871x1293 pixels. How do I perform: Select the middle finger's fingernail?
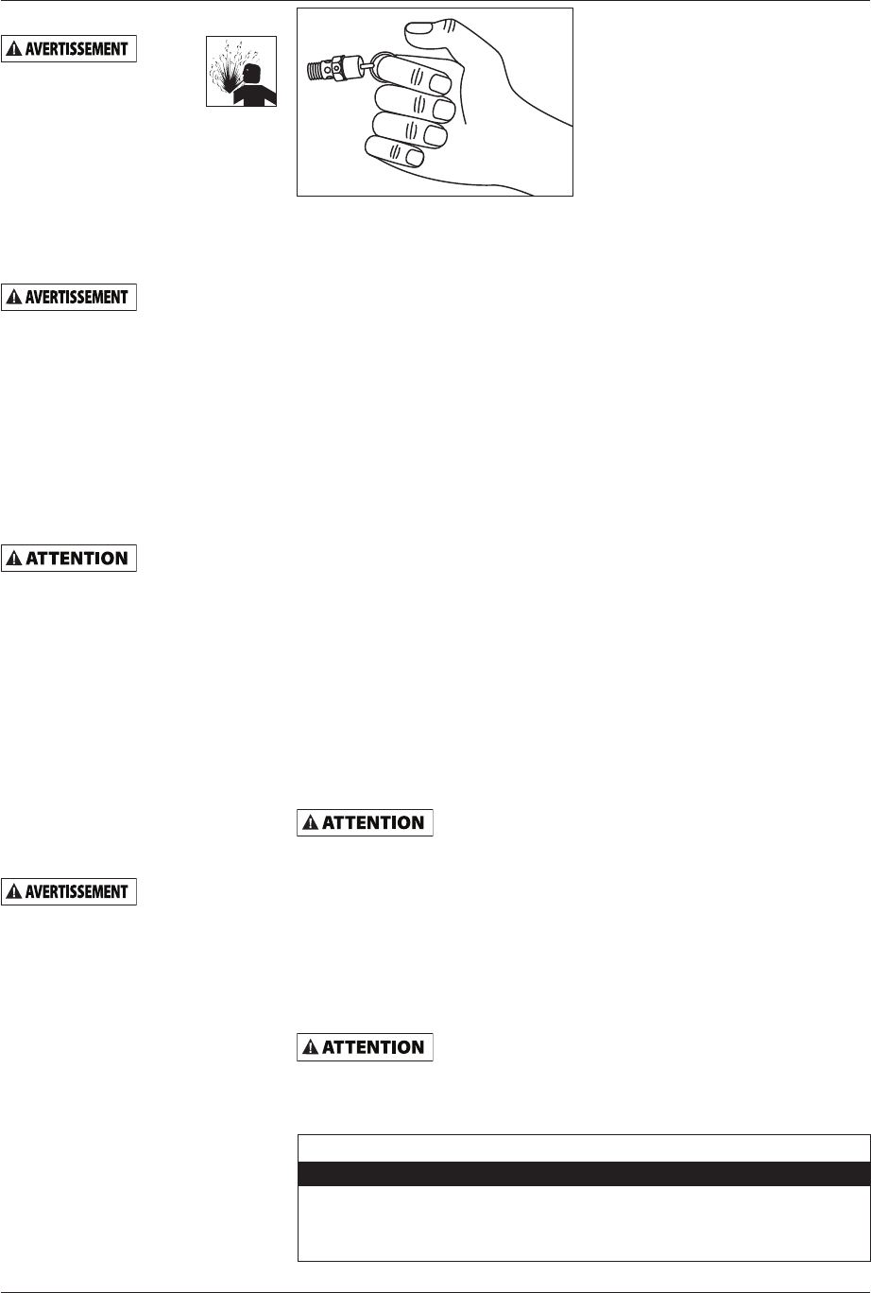(445, 109)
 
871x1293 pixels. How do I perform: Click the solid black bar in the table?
(583, 1173)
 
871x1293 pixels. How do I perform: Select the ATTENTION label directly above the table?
(365, 1047)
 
